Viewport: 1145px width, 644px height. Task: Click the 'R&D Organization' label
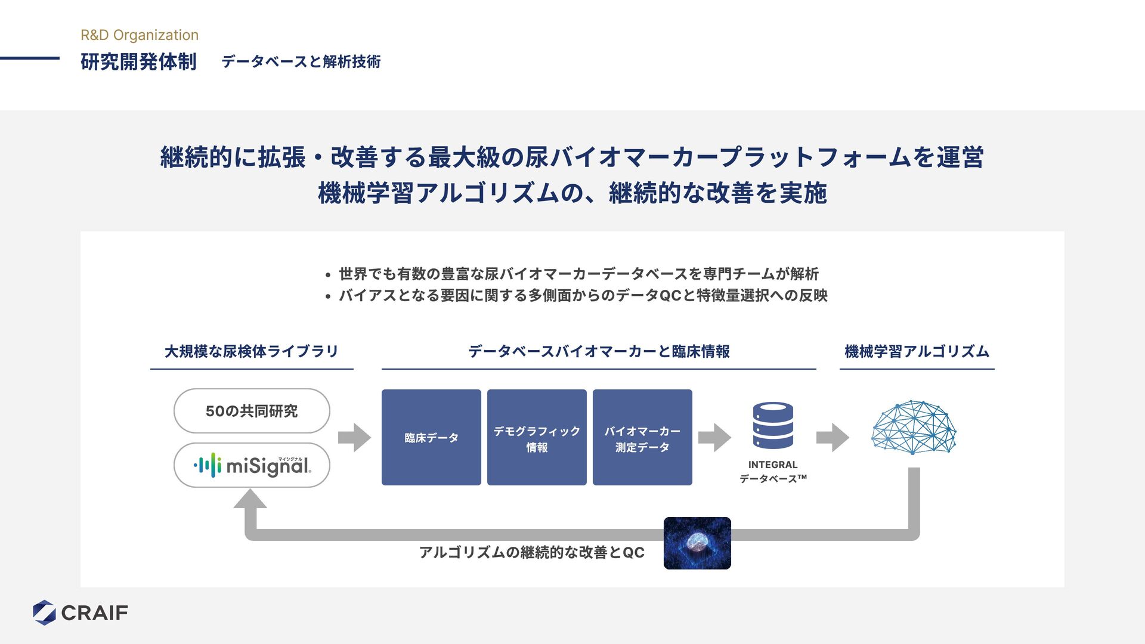140,35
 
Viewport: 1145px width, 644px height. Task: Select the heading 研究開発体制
138,61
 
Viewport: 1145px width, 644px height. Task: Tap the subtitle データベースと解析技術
301,61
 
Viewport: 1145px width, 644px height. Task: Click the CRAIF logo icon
44,612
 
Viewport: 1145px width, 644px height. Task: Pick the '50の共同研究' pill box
252,411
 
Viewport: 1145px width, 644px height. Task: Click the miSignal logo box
252,465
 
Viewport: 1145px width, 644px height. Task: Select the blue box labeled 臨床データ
431,437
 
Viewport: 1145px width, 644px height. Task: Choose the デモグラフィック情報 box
537,437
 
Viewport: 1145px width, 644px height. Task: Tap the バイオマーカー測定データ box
642,437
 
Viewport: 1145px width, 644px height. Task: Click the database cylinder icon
773,425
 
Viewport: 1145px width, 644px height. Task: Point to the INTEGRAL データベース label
773,472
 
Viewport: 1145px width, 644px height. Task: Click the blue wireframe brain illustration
914,427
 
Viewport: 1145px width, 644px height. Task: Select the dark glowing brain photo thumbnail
697,543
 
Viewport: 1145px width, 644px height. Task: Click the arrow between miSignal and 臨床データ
354,438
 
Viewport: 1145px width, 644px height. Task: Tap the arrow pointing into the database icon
714,438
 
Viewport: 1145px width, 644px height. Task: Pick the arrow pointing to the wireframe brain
833,438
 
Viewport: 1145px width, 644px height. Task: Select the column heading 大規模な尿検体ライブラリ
252,352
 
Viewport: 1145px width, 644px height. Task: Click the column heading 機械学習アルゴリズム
917,352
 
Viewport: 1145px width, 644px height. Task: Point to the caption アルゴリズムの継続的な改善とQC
532,552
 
